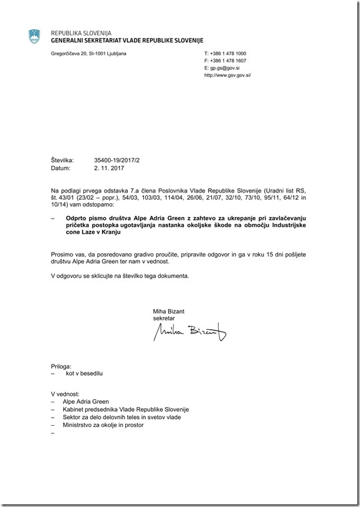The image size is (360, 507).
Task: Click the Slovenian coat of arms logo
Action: pos(34,37)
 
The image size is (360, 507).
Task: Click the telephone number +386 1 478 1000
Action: pos(229,53)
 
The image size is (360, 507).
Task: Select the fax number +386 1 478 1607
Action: pos(229,61)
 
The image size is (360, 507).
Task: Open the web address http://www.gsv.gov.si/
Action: pos(227,75)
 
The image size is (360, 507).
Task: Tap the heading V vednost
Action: pos(65,394)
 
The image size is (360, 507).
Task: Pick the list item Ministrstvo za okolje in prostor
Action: pos(103,425)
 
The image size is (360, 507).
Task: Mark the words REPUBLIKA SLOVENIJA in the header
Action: pos(81,33)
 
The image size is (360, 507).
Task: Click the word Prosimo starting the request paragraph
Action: pos(63,254)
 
